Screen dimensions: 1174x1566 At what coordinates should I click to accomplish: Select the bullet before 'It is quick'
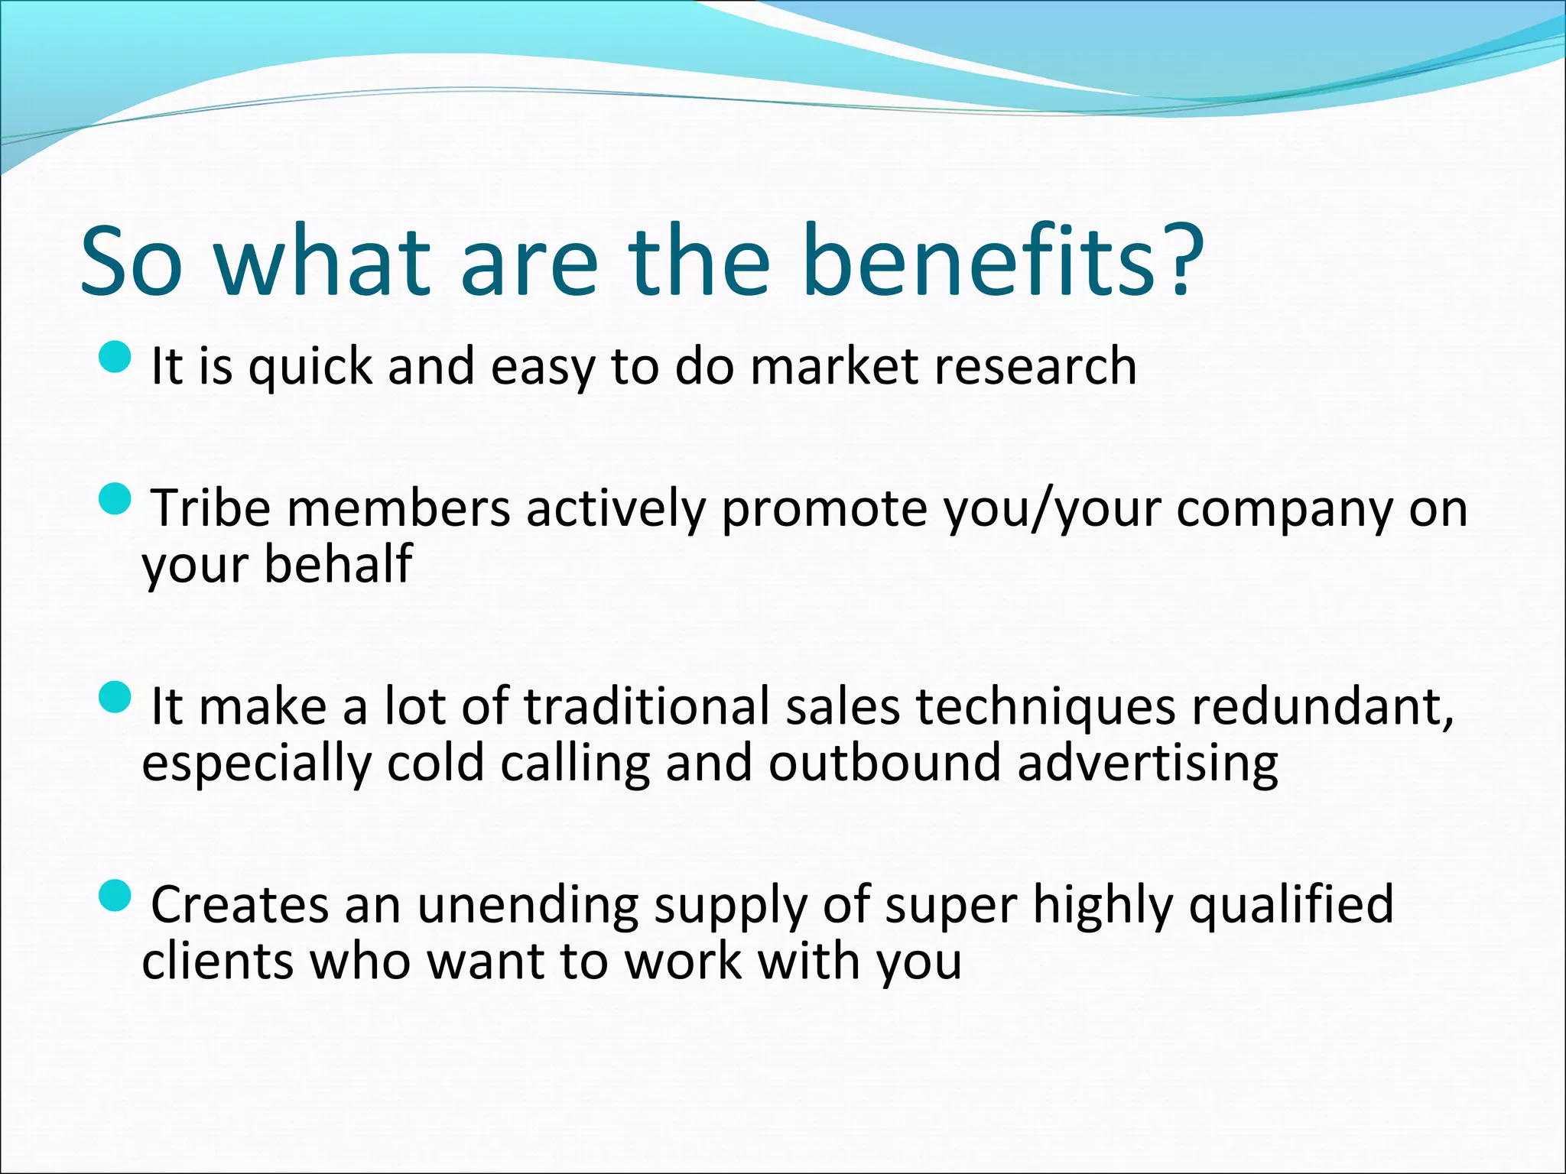116,357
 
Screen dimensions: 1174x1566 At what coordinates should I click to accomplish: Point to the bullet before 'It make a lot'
116,697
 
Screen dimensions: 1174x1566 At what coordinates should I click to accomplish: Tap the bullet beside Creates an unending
116,895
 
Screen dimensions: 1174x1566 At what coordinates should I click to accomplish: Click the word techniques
1045,708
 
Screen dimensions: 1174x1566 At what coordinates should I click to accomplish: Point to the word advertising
1147,764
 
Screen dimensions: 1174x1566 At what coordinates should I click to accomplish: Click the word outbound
884,762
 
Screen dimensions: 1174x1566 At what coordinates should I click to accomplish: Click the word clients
218,961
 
